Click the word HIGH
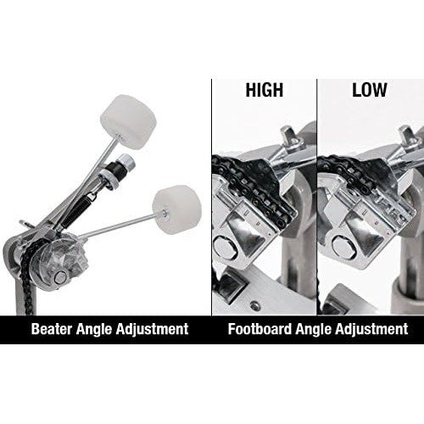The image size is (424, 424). point(265,90)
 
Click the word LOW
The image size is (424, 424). point(369,90)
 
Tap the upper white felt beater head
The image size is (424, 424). point(129,120)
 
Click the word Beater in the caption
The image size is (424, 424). point(52,329)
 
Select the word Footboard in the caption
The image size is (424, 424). point(259,329)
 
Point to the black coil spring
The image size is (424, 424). point(74,208)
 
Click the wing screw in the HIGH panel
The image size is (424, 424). point(290,139)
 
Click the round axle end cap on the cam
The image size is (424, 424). point(60,277)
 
